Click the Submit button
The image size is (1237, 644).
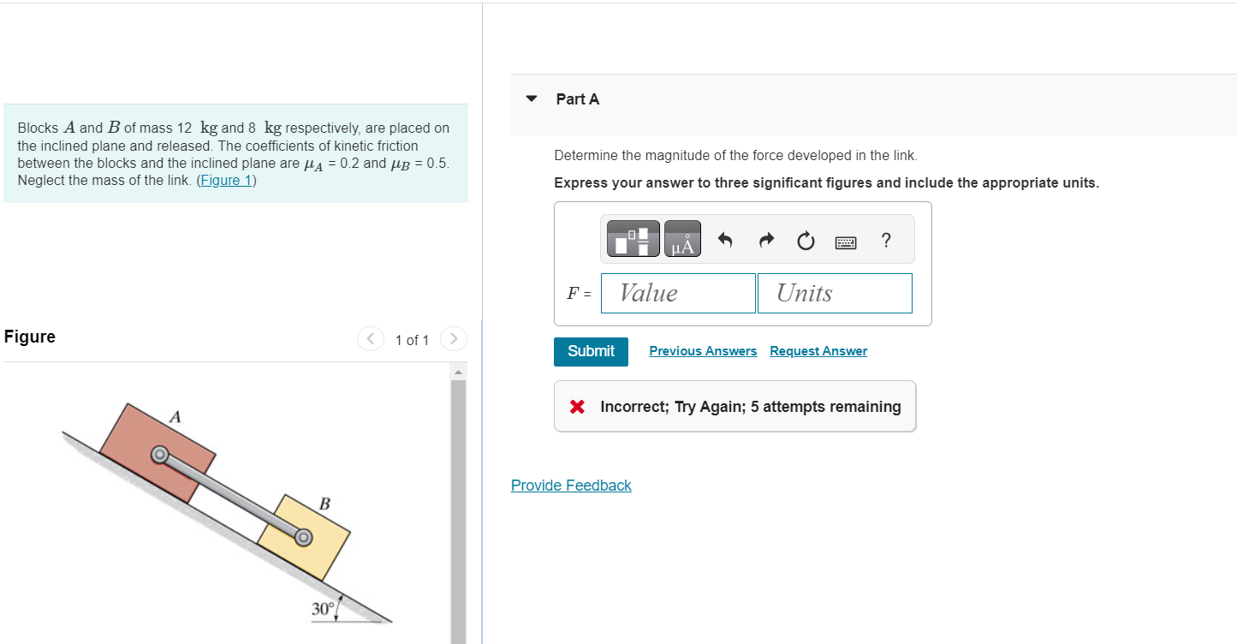591,351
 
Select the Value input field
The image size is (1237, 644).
678,293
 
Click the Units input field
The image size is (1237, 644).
834,293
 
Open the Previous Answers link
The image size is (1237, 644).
703,351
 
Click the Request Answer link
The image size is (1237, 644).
818,351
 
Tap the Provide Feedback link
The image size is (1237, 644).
571,486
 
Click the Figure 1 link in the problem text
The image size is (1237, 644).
226,181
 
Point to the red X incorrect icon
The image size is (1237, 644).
578,407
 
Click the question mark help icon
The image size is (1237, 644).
886,241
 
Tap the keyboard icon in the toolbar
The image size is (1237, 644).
846,242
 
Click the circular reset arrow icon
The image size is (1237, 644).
806,241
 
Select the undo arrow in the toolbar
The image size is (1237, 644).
725,241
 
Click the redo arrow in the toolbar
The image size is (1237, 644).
766,241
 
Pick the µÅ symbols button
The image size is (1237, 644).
682,239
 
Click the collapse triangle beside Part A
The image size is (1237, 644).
532,98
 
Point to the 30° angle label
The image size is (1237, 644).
323,609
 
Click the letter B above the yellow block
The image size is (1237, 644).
324,503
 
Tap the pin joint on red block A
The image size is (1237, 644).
159,454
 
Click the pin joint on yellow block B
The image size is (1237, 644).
303,537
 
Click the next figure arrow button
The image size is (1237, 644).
455,339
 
